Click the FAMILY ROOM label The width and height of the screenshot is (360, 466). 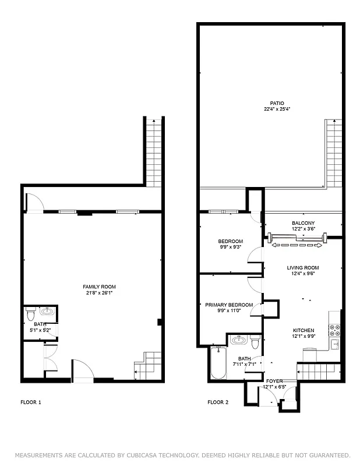(x=99, y=287)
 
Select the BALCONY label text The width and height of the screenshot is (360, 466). (x=303, y=223)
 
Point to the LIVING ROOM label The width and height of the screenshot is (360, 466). (x=303, y=268)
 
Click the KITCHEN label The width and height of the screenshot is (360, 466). (x=303, y=330)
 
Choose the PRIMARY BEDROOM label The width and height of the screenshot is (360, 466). (x=229, y=305)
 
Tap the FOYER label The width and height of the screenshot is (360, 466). (x=274, y=380)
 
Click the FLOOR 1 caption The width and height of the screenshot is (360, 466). (x=31, y=402)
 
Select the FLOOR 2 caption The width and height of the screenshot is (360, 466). (x=218, y=402)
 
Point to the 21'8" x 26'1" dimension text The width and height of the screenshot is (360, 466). (x=99, y=293)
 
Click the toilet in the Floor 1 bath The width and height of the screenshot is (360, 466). (x=30, y=317)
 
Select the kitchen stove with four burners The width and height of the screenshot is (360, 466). (x=335, y=330)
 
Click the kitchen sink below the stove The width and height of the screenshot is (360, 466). (x=335, y=345)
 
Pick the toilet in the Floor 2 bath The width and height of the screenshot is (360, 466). (x=255, y=340)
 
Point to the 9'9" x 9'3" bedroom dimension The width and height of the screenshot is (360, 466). (x=231, y=247)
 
